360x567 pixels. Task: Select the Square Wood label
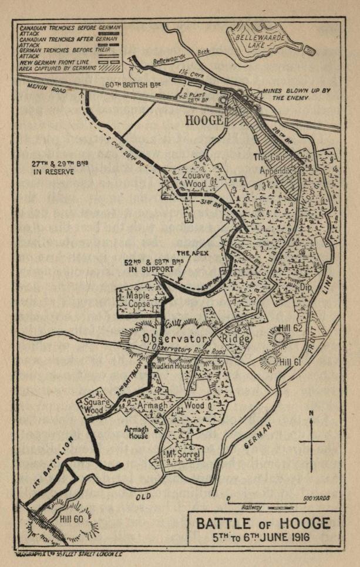point(97,406)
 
